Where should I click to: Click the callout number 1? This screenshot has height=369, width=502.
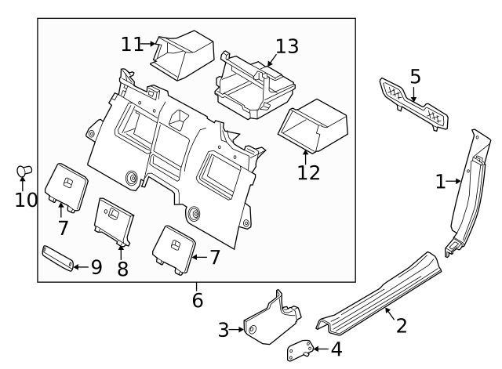click(x=442, y=182)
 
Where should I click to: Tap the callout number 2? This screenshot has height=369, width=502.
click(x=401, y=325)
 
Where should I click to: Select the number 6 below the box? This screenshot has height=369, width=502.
click(x=197, y=300)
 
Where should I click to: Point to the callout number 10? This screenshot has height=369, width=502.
click(x=26, y=200)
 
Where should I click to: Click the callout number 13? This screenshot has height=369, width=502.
click(x=286, y=47)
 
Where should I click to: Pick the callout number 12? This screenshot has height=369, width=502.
click(x=309, y=172)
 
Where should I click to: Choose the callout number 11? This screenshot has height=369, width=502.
click(x=131, y=45)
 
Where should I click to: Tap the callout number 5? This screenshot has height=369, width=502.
click(x=415, y=77)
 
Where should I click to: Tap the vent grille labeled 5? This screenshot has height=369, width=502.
click(x=414, y=104)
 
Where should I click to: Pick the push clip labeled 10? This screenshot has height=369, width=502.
click(x=24, y=171)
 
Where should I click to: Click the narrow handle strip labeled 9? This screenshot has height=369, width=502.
click(x=58, y=257)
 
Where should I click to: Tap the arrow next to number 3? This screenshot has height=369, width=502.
click(x=238, y=330)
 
